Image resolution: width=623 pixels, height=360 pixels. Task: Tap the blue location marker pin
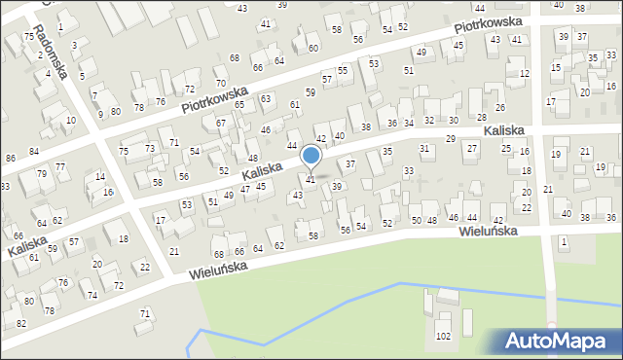[x=311, y=157]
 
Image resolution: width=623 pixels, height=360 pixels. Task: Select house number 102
[x=444, y=337]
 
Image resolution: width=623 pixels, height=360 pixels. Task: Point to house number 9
[x=100, y=114]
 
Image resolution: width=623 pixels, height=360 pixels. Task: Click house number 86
[x=10, y=158]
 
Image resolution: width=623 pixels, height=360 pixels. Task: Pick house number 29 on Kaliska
[x=451, y=139]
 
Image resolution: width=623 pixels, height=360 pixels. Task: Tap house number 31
[x=424, y=148]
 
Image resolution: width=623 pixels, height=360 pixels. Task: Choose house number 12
[x=525, y=74]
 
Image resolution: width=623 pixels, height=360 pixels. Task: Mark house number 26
[x=500, y=108]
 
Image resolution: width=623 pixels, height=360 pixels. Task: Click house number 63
[x=266, y=98]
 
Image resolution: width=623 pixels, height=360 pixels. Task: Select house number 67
[x=221, y=123]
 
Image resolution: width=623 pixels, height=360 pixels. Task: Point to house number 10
[x=71, y=120]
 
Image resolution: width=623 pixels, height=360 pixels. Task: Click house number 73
[x=150, y=148]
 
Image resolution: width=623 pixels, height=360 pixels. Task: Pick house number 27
[x=472, y=148]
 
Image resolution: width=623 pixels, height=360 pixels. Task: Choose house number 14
[x=101, y=176]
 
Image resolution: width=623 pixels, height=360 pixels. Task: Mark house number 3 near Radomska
[x=74, y=45]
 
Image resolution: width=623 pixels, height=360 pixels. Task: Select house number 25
[x=506, y=148]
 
